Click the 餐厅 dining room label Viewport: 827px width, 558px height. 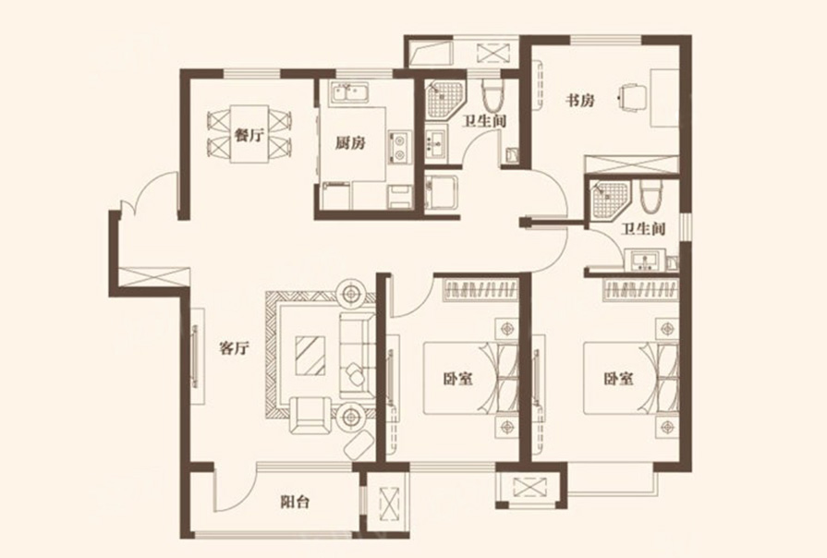tap(249, 136)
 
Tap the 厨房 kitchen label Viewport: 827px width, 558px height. tap(351, 143)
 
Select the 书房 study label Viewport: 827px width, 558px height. tap(580, 100)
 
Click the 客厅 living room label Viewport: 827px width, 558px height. tap(234, 348)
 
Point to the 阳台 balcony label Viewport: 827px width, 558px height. tap(295, 502)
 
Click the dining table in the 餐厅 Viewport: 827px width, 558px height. tap(249, 134)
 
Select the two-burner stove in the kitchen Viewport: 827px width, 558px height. tap(399, 147)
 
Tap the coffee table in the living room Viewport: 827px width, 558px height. tap(311, 356)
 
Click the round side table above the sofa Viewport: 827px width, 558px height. tap(351, 294)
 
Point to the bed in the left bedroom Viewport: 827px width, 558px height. tap(470, 378)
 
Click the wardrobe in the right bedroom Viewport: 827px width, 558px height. tap(641, 290)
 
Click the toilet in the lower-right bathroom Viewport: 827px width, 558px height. tap(650, 196)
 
